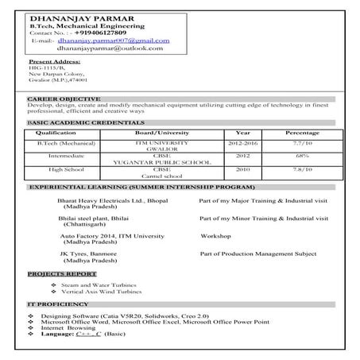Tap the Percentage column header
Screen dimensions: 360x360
(302, 132)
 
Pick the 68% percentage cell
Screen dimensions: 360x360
(302, 157)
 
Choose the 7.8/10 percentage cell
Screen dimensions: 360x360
(302, 169)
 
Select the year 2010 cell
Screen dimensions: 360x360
(242, 169)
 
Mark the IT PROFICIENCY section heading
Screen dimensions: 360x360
(55, 305)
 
